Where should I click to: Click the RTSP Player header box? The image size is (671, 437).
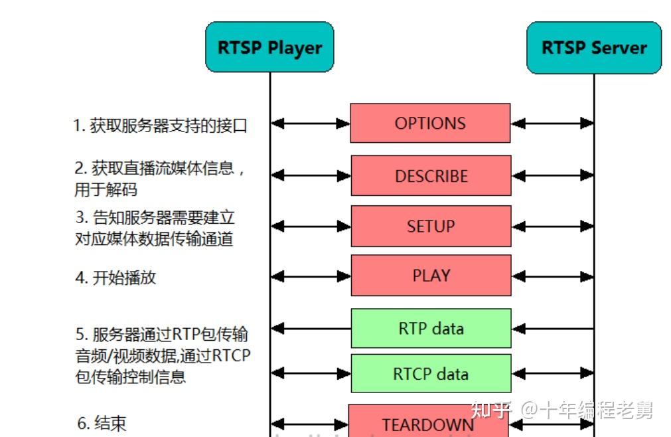(x=269, y=48)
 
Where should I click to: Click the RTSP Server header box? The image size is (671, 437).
(x=594, y=48)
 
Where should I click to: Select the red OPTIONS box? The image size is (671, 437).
(x=430, y=123)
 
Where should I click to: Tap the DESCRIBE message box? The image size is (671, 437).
(x=431, y=175)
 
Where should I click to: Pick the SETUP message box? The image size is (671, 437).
(x=431, y=226)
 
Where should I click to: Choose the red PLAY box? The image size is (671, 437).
(x=431, y=275)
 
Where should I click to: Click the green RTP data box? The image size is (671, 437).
(x=431, y=328)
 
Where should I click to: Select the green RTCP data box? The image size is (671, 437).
(x=431, y=374)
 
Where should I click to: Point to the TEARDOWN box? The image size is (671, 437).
(x=428, y=423)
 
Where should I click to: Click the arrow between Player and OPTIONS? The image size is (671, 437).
(x=310, y=123)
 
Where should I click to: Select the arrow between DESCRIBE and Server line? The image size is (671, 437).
(x=552, y=175)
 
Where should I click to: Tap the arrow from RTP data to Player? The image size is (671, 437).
(x=310, y=328)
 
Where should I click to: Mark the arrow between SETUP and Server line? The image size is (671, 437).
(x=552, y=226)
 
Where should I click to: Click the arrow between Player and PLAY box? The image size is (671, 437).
(x=310, y=275)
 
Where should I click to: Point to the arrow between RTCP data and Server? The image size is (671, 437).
(x=552, y=374)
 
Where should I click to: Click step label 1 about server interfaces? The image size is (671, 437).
(x=160, y=125)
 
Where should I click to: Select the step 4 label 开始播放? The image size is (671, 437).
(x=115, y=277)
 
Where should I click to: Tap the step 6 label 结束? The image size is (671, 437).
(x=102, y=423)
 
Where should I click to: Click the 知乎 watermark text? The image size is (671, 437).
(x=489, y=410)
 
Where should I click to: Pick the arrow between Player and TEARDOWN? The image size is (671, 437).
(x=309, y=423)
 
